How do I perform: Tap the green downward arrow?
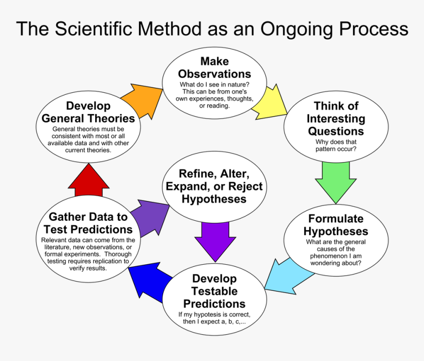(x=335, y=180)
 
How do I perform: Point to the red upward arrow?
(x=88, y=180)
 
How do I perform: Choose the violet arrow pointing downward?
(x=215, y=239)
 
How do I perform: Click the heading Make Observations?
(x=214, y=68)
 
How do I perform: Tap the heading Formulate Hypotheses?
(x=335, y=225)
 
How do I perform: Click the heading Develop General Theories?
(x=88, y=112)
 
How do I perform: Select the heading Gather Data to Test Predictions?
(x=88, y=223)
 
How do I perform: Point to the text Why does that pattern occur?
(x=335, y=145)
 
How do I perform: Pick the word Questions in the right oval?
(x=336, y=131)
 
